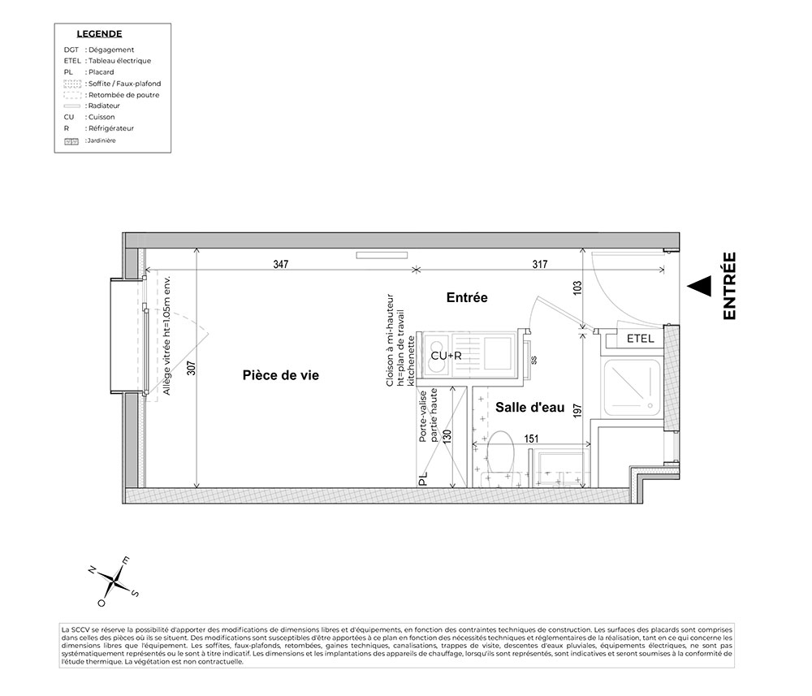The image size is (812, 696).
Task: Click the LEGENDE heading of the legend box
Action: tap(99, 34)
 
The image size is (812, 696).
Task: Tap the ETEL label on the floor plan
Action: tap(641, 339)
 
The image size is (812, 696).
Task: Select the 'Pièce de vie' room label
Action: tap(280, 375)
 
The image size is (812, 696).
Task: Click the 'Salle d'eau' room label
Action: tap(530, 408)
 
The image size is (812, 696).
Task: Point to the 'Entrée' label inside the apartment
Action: tap(467, 298)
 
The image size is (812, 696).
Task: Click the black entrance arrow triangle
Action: tap(699, 286)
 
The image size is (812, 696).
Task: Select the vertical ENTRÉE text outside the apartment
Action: tap(728, 285)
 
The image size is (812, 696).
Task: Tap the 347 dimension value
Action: tap(281, 264)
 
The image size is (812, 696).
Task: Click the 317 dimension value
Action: tap(540, 264)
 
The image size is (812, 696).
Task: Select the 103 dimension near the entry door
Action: tap(578, 289)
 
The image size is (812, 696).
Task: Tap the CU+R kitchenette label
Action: tap(446, 356)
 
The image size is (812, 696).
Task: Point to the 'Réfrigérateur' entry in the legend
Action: tap(110, 128)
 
